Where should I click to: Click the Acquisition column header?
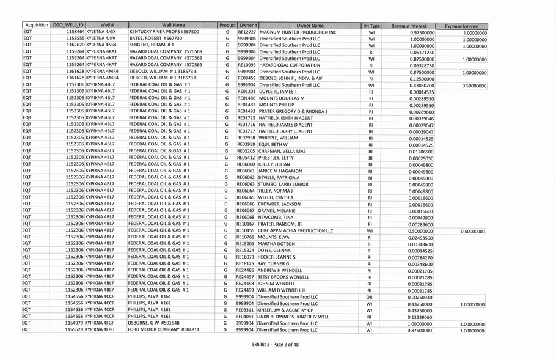click(36, 25)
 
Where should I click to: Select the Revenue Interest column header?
click(409, 26)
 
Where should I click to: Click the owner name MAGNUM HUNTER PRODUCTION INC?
click(297, 32)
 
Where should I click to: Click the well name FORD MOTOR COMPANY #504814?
click(164, 330)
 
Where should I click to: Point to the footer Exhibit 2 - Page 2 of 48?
click(277, 346)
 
